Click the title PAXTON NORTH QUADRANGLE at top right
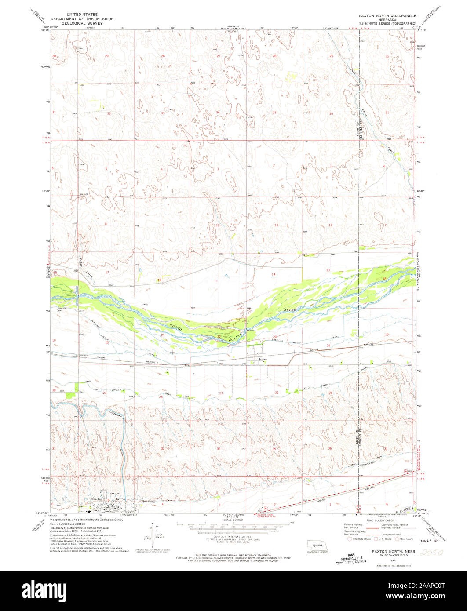pos(387,15)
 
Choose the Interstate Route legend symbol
pos(350,538)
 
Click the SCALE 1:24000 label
pos(233,520)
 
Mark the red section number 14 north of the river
pos(273,274)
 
